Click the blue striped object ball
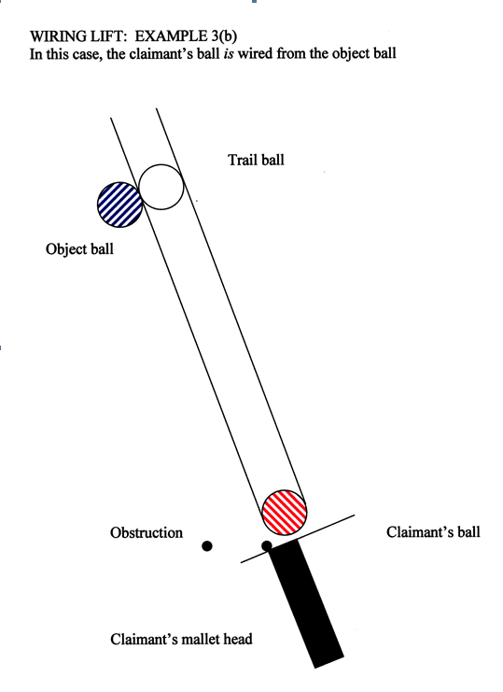119,205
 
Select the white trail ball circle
161,187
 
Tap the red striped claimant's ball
285,512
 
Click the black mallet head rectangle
307,604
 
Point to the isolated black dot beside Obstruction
207,546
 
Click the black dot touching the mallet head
266,546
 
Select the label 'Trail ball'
256,160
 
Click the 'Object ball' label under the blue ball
80,249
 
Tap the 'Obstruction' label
147,532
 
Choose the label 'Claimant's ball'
433,531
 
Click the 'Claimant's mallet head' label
181,639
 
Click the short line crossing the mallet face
298,539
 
